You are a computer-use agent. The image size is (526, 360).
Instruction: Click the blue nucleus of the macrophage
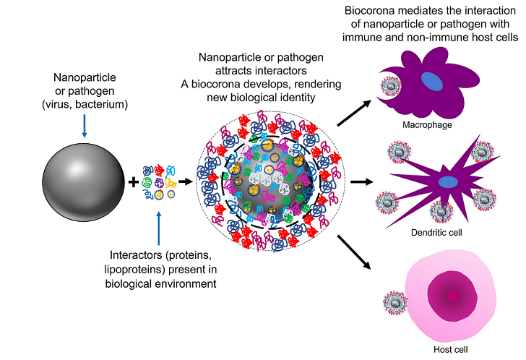tap(434, 81)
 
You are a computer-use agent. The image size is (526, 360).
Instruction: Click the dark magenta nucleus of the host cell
tap(454, 295)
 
